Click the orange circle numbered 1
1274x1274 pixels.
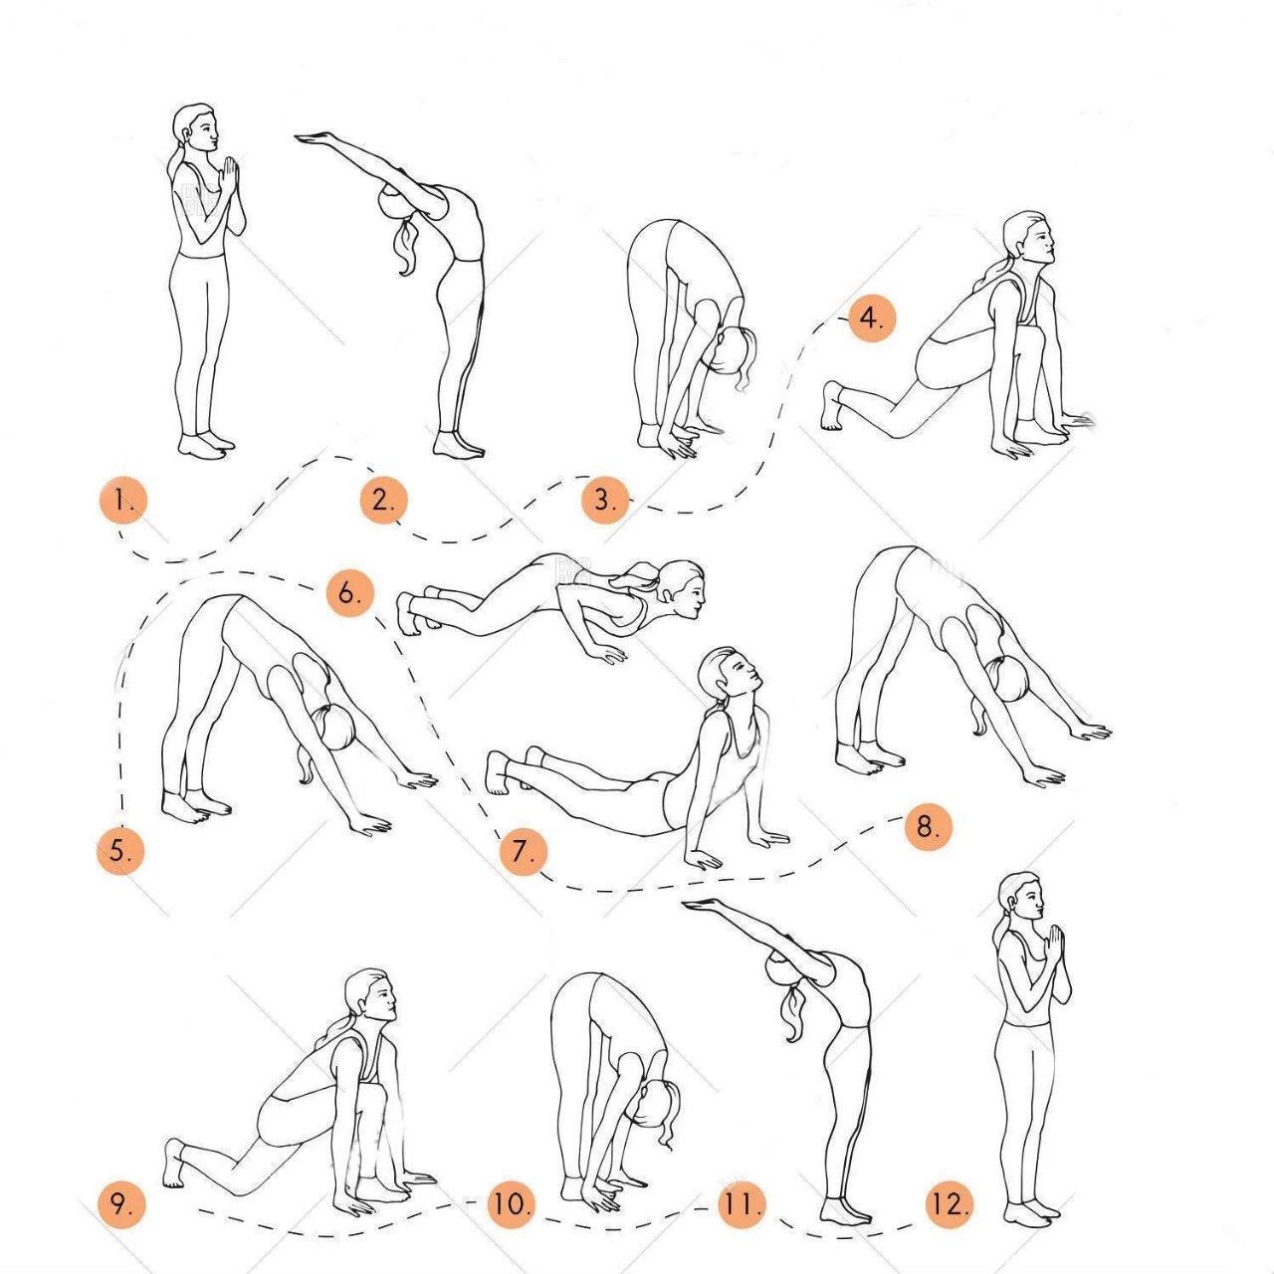pyautogui.click(x=122, y=501)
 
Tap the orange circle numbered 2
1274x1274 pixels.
pyautogui.click(x=383, y=501)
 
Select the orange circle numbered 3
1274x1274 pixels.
pyautogui.click(x=605, y=500)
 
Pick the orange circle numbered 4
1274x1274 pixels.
pyautogui.click(x=872, y=318)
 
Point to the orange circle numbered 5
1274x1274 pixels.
pyautogui.click(x=119, y=851)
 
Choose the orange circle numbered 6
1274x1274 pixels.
pyautogui.click(x=349, y=593)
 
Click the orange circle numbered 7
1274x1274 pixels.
pyautogui.click(x=524, y=852)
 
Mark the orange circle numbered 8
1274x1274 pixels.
pyautogui.click(x=929, y=826)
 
